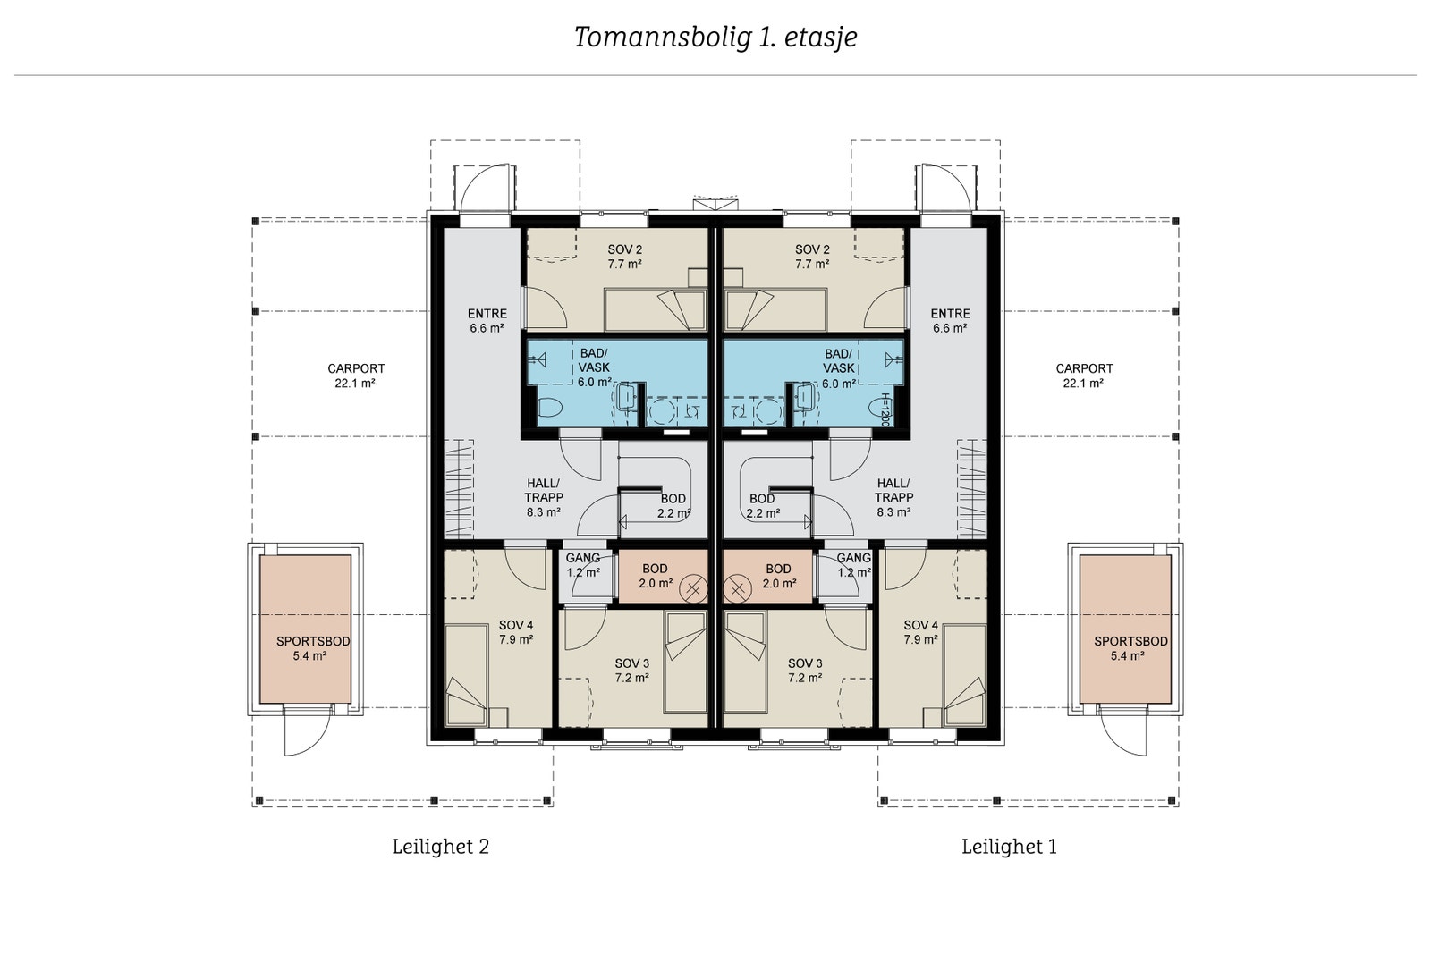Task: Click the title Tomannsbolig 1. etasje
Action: coord(715,38)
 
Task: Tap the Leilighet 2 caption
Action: coord(440,846)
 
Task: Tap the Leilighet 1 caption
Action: coord(1009,846)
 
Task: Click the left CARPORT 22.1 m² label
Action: coord(356,376)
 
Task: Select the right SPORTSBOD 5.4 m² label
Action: coord(1130,648)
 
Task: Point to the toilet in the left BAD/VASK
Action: coord(548,409)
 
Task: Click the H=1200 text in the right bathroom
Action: coord(885,409)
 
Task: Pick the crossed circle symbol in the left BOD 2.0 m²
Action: coord(693,589)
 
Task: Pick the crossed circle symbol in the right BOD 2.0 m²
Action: coord(738,589)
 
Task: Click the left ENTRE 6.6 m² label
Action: coord(487,321)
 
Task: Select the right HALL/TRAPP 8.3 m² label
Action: coord(893,497)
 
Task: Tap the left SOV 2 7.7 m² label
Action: coord(625,257)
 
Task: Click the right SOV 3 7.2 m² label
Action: coord(805,671)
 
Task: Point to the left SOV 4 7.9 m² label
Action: coord(516,632)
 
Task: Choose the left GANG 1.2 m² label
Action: coord(583,565)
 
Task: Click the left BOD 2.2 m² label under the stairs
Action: coord(673,506)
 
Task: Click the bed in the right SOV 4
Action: coord(964,675)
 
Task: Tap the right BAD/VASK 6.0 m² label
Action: coord(839,368)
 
